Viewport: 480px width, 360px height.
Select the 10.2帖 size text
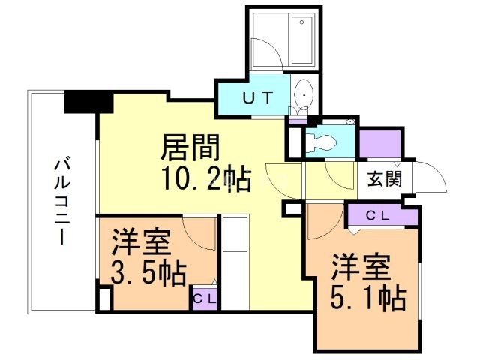(x=205, y=181)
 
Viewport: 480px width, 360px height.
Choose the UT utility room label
(x=251, y=97)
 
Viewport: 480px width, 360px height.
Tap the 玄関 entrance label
(x=383, y=179)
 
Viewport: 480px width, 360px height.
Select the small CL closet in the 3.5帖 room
(x=204, y=298)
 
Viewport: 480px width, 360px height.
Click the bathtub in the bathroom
(x=302, y=40)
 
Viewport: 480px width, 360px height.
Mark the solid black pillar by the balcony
(x=88, y=100)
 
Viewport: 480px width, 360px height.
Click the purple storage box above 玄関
(x=380, y=144)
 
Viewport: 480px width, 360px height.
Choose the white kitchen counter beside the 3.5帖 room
(x=235, y=262)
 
